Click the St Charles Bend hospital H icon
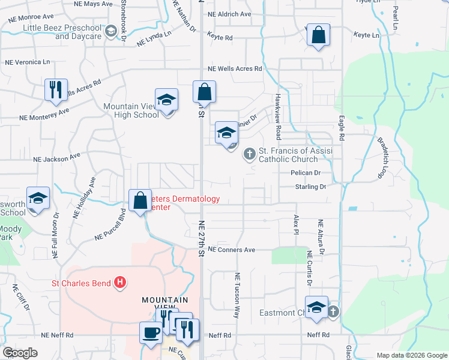(x=120, y=281)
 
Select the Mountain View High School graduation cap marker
(x=167, y=100)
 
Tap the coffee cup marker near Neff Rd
(x=151, y=332)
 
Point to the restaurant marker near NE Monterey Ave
(x=56, y=89)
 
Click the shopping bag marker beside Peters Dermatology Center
(x=140, y=200)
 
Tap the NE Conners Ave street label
(x=232, y=250)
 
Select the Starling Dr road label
(x=310, y=187)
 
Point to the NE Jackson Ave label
(x=57, y=158)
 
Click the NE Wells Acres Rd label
(x=235, y=69)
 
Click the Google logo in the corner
(x=20, y=353)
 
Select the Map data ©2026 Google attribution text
(x=412, y=355)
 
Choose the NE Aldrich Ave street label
(x=229, y=14)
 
